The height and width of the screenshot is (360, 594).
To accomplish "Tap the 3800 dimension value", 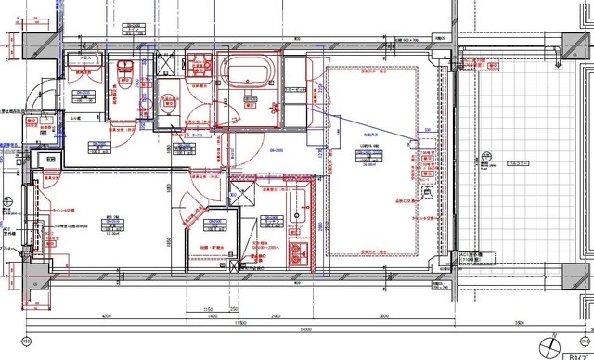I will [x=383, y=316].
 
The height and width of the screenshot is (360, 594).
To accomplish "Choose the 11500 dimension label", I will [x=239, y=322].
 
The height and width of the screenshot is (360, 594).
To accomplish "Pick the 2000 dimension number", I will [x=276, y=316].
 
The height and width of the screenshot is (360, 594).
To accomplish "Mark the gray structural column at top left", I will [x=38, y=43].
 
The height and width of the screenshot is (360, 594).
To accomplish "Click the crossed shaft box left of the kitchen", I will [x=239, y=192].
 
